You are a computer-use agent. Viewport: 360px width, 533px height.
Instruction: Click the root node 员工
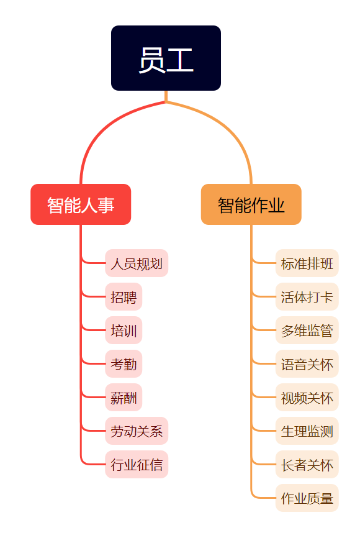tap(166, 58)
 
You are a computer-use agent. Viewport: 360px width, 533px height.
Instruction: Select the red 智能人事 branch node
tap(81, 204)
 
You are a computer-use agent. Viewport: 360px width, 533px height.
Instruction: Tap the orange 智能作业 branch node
tap(251, 204)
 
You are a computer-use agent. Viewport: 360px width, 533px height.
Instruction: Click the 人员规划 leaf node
tap(137, 263)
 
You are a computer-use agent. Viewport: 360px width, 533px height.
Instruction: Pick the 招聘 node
tap(124, 297)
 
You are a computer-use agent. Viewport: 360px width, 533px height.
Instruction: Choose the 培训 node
tap(124, 330)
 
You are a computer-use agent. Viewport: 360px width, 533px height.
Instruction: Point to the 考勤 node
tap(124, 363)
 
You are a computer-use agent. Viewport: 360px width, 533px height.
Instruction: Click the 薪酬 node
tap(124, 398)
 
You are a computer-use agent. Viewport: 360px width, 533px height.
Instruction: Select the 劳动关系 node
tap(137, 430)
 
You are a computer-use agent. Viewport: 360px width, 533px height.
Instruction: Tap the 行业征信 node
tap(137, 464)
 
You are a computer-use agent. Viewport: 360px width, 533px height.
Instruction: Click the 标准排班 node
tap(307, 263)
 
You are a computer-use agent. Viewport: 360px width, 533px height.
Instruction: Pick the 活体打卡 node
tap(307, 297)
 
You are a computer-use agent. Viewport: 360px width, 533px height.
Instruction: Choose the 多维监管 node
tap(307, 330)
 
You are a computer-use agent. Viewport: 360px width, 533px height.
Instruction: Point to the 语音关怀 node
tap(307, 363)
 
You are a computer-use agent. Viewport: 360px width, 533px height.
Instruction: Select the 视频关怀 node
tap(307, 398)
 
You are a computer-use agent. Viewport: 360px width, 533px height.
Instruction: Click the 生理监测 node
tap(307, 430)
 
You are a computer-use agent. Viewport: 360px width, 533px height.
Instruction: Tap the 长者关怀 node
tap(307, 464)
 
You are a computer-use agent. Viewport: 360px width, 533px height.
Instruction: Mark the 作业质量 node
tap(307, 498)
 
